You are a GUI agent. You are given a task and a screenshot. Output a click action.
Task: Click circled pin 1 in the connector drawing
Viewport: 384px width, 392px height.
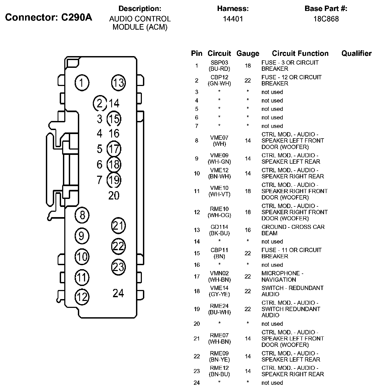[82, 82]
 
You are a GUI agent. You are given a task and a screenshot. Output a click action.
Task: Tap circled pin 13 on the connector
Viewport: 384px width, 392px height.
[118, 82]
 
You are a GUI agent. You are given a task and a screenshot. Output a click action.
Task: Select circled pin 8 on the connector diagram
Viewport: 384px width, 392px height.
[82, 215]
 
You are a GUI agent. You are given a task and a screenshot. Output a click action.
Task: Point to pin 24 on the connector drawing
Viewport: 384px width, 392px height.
[118, 293]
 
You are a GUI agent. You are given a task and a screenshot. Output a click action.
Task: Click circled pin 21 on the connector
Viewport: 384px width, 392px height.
[118, 226]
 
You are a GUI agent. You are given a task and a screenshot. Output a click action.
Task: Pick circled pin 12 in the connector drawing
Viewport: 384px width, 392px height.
[82, 297]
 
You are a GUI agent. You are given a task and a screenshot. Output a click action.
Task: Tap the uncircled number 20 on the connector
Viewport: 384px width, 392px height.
[114, 196]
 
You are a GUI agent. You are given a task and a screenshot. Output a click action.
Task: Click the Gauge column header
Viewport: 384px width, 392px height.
[248, 53]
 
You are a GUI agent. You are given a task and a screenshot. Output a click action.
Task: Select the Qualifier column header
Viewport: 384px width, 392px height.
[356, 53]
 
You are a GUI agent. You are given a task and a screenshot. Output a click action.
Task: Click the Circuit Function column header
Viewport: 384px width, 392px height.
[300, 53]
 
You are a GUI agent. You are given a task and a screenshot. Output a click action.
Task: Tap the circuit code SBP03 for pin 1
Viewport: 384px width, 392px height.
[219, 63]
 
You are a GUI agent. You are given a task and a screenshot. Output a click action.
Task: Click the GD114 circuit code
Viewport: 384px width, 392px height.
[219, 227]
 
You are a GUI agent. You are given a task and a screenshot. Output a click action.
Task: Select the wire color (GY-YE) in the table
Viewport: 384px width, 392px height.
[219, 294]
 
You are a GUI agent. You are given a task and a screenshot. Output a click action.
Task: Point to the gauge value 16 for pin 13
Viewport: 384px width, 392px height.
[248, 230]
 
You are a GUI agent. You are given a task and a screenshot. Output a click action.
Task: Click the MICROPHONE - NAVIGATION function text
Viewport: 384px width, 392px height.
[282, 276]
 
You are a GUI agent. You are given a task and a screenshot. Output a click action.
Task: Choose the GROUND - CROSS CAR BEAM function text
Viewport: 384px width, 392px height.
[293, 230]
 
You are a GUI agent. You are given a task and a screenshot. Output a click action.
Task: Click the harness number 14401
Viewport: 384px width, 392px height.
[233, 19]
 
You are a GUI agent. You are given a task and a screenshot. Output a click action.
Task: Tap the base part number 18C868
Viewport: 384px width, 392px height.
[326, 19]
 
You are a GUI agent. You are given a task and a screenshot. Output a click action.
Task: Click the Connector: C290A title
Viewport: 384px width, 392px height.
[49, 17]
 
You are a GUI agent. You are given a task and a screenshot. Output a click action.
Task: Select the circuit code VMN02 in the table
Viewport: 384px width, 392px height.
[219, 273]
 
